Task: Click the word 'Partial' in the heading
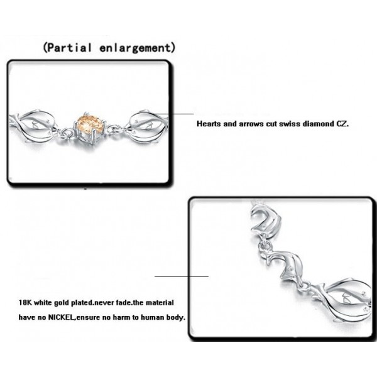69,48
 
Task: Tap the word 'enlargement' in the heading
135,48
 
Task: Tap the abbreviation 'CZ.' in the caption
342,124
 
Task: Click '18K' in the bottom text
25,302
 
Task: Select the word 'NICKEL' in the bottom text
62,317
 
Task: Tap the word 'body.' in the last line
175,317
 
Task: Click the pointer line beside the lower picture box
182,276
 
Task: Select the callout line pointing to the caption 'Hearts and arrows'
170,114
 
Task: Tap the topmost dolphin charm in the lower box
266,219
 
